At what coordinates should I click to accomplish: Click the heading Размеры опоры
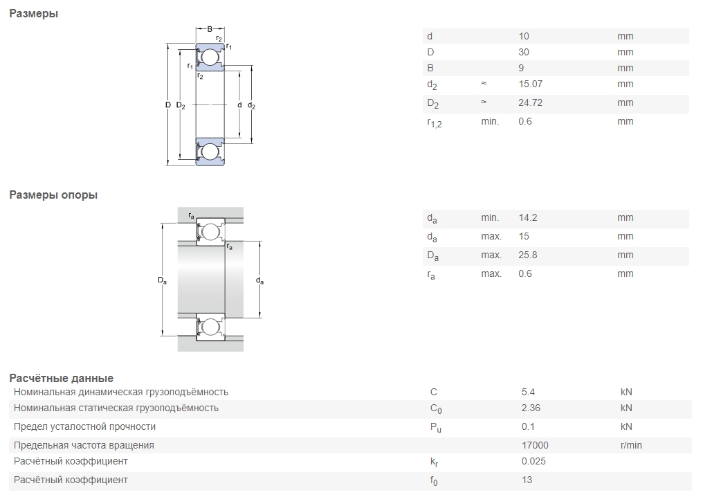[53, 195]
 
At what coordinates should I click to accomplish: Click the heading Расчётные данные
[61, 378]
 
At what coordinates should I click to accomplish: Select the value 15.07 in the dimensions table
[531, 84]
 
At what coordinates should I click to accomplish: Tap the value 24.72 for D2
[531, 102]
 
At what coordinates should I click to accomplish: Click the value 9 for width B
[522, 68]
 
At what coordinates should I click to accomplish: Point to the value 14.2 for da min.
[528, 217]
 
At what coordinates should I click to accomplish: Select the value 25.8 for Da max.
[528, 255]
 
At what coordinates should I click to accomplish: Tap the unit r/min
[631, 445]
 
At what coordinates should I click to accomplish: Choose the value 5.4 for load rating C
[528, 392]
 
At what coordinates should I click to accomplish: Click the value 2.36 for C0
[531, 408]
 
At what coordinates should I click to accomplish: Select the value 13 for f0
[527, 480]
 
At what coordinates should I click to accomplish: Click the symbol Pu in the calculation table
[435, 428]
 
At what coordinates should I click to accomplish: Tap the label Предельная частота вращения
[84, 445]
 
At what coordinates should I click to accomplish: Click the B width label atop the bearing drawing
[210, 29]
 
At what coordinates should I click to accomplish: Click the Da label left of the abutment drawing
[162, 280]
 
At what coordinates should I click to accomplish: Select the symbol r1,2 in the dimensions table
[435, 123]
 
